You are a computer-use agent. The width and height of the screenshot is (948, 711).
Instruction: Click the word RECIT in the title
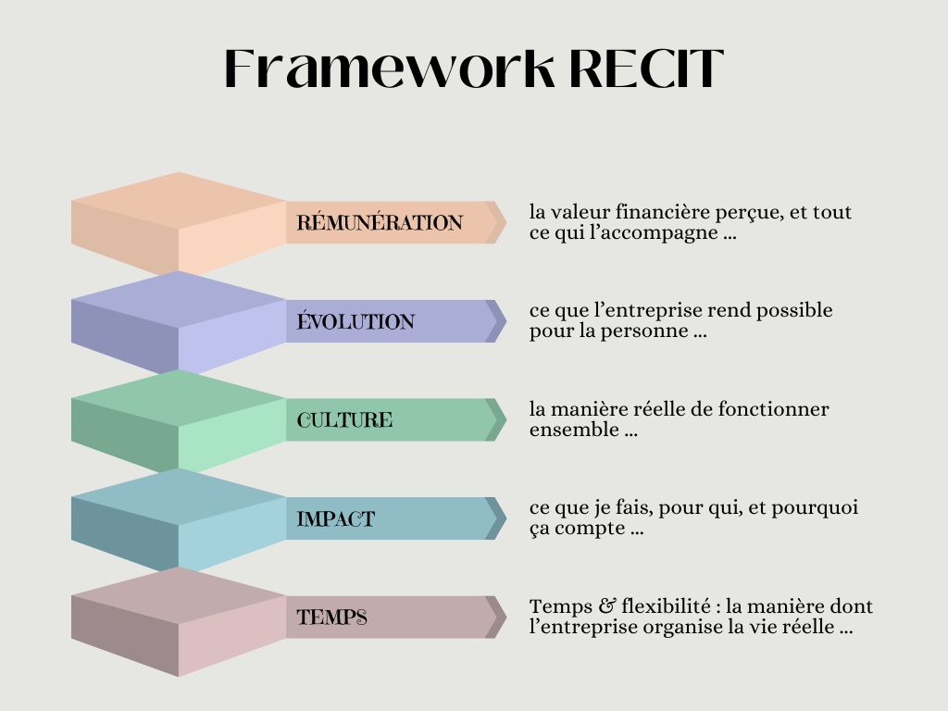[645, 69]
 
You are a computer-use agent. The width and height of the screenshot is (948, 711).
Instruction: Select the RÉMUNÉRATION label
[380, 223]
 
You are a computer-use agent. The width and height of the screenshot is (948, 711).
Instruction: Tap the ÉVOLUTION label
[355, 322]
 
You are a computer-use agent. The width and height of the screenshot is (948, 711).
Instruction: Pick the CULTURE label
[344, 420]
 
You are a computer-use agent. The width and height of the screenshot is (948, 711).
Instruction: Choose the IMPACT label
[336, 519]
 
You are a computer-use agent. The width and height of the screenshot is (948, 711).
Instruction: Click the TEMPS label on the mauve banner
[331, 617]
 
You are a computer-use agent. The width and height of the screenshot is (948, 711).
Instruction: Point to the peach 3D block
[178, 222]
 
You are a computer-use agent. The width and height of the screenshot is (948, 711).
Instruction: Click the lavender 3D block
[178, 321]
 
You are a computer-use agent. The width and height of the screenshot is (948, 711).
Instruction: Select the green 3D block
[178, 419]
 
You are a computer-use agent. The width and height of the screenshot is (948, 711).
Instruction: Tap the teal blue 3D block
[178, 518]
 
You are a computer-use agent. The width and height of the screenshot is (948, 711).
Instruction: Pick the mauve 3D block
[178, 618]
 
